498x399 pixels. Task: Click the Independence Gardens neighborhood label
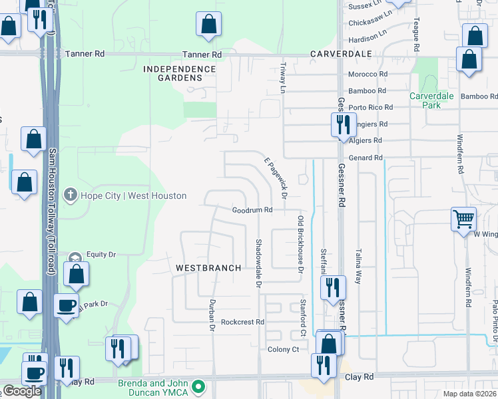[179, 73]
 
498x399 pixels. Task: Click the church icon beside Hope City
[69, 195]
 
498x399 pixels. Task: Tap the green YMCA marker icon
[198, 386]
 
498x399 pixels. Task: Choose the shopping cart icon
[463, 217]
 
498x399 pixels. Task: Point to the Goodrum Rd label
[252, 210]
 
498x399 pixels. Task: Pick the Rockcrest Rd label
[243, 321]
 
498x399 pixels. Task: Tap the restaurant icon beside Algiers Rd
[342, 124]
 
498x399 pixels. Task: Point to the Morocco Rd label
[368, 74]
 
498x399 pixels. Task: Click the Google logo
[22, 391]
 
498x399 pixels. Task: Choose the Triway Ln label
[283, 78]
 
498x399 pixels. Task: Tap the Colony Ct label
[284, 349]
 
